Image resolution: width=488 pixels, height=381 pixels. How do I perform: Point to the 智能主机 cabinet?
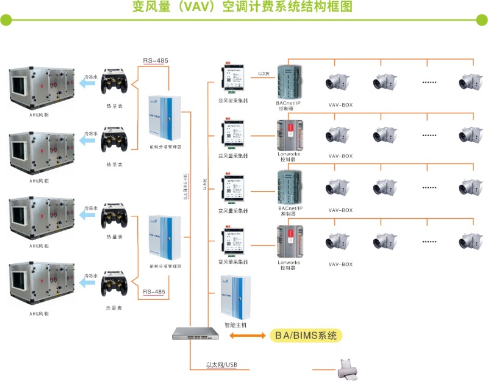[x=235, y=298]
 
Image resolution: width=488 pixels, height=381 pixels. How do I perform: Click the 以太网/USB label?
[x=221, y=366]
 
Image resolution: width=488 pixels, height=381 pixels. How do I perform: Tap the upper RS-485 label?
[x=156, y=60]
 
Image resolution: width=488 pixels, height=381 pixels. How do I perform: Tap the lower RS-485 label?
[x=154, y=292]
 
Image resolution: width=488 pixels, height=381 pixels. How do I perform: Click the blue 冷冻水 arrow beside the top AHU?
[x=89, y=85]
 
